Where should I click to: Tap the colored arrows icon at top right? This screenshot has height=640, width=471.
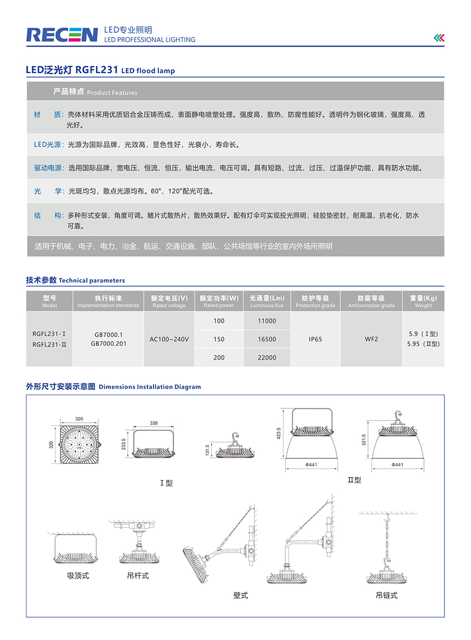[439, 38]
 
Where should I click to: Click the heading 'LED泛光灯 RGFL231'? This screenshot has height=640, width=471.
[72, 70]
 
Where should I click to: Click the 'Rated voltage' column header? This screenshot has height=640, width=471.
[169, 305]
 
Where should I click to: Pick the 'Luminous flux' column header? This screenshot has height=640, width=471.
[267, 305]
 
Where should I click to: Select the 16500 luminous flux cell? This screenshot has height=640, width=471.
[267, 339]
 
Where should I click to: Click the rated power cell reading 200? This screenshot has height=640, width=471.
[219, 357]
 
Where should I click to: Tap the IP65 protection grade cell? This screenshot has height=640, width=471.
[315, 339]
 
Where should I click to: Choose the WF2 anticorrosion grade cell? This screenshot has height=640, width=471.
[371, 339]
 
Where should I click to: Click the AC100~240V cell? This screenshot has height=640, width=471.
[169, 339]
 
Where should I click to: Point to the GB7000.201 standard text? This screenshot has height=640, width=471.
[108, 344]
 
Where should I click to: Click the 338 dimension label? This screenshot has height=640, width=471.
[153, 423]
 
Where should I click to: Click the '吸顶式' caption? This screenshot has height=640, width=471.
[78, 576]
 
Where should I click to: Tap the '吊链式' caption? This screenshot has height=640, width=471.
[386, 596]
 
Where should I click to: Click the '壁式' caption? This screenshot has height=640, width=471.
[240, 596]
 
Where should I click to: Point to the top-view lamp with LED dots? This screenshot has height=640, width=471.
[79, 446]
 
